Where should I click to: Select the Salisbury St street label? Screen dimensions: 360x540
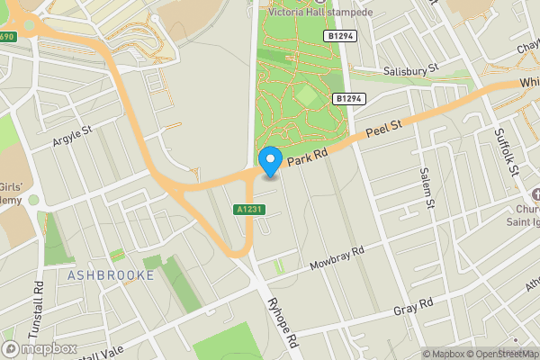[407, 67]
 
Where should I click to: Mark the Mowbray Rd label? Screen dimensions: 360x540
[336, 258]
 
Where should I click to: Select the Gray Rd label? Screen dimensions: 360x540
[414, 307]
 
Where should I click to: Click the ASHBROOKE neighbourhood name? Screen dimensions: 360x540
[111, 274]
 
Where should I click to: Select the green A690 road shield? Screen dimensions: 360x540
[7, 37]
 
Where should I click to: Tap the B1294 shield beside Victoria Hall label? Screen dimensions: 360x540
[338, 35]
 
